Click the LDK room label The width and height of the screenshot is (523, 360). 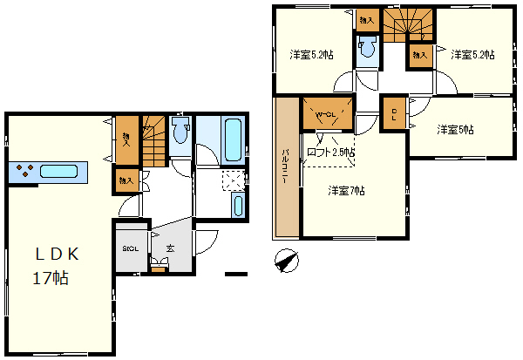(58, 255)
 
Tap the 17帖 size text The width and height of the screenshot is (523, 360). (51, 280)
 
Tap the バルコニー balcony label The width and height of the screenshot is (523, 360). (285, 169)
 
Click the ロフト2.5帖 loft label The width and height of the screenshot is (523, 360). (331, 153)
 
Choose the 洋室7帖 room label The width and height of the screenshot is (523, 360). (346, 190)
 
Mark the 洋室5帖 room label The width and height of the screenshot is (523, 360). (455, 130)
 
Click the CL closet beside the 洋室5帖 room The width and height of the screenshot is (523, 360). (394, 117)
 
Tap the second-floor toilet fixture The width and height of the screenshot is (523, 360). (367, 50)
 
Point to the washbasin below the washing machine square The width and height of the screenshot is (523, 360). (238, 207)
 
